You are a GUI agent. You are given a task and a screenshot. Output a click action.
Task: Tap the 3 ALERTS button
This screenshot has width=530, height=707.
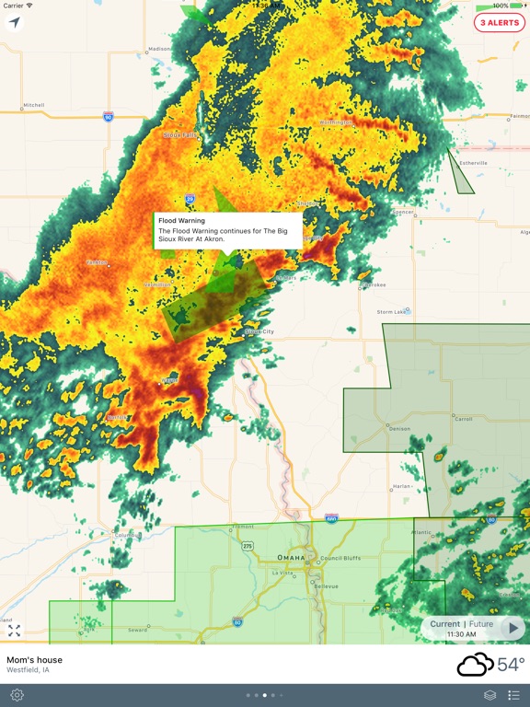pyautogui.click(x=500, y=23)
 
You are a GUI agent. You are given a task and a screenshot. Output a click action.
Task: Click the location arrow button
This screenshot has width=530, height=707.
pyautogui.click(x=14, y=23)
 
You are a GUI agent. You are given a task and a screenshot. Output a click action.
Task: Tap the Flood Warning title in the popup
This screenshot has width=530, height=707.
pyautogui.click(x=181, y=221)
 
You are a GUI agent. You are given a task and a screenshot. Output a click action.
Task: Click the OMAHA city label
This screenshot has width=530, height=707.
pyautogui.click(x=293, y=558)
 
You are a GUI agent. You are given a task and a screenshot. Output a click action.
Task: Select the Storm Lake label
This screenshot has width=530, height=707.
pyautogui.click(x=392, y=312)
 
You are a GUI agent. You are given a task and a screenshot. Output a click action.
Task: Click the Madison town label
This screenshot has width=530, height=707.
pyautogui.click(x=159, y=49)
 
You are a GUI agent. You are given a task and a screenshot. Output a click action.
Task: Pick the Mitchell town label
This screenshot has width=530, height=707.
pyautogui.click(x=33, y=105)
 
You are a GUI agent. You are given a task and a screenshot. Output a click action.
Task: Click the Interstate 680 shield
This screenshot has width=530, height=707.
pyautogui.click(x=331, y=518)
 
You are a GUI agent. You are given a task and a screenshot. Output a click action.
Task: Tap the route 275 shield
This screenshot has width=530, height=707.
pyautogui.click(x=248, y=546)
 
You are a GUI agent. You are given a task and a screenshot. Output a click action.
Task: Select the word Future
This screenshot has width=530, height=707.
pyautogui.click(x=481, y=624)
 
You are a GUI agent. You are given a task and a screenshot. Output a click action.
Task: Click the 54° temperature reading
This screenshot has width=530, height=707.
pyautogui.click(x=511, y=664)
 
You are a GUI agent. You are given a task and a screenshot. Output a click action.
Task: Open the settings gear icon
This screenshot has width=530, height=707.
pyautogui.click(x=17, y=695)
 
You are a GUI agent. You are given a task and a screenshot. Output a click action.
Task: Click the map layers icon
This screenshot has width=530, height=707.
pyautogui.click(x=490, y=695)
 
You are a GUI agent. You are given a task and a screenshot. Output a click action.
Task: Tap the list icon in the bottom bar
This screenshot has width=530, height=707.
pyautogui.click(x=513, y=695)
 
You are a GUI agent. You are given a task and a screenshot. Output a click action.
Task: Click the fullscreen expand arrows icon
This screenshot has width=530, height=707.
pyautogui.click(x=14, y=631)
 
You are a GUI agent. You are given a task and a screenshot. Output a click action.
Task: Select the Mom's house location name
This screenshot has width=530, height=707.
pyautogui.click(x=35, y=659)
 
